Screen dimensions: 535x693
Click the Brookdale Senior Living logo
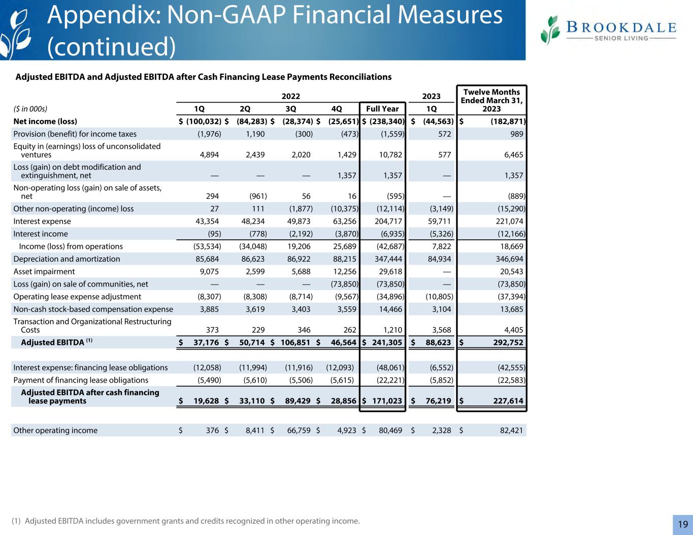[608, 30]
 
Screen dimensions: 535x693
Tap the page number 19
[682, 524]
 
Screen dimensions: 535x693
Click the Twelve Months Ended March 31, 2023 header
[491, 100]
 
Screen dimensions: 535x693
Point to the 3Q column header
[291, 109]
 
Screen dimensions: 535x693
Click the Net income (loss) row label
[45, 121]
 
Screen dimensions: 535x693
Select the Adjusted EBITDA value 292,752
[505, 342]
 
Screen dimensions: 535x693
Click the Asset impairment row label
[44, 272]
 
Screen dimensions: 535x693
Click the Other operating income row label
[55, 430]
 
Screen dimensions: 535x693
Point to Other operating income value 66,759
[296, 430]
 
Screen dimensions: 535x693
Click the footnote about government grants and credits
[185, 521]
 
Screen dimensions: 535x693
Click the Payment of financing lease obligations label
[81, 380]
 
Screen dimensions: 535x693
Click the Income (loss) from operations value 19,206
[296, 246]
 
